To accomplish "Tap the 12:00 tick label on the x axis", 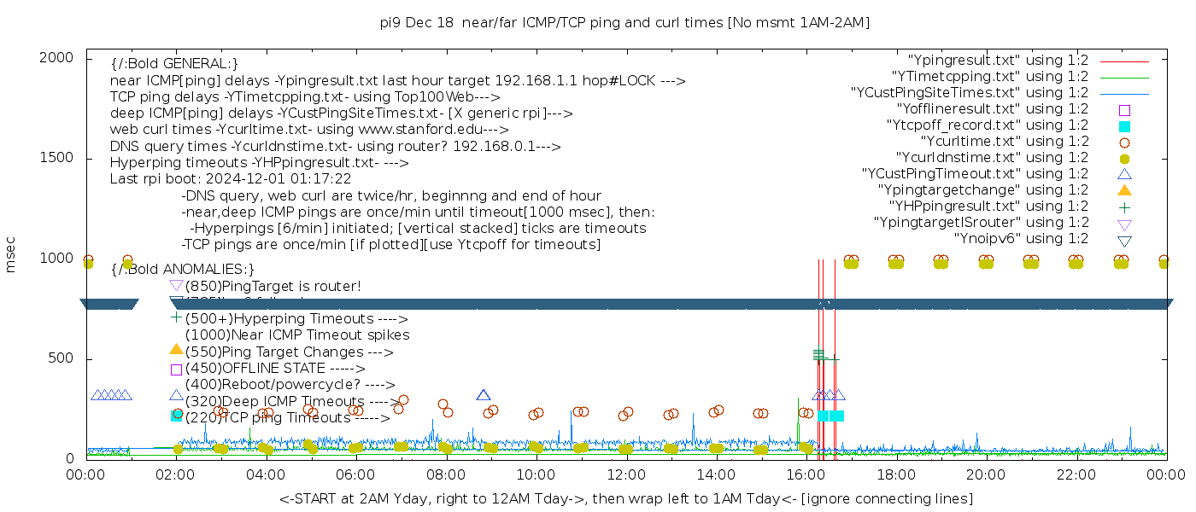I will tap(627, 474).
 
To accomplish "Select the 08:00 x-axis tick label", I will tap(447, 474).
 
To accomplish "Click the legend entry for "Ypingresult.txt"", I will tap(997, 61).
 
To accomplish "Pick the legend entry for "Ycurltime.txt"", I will tap(1004, 142).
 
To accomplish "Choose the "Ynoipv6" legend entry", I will tap(1020, 239).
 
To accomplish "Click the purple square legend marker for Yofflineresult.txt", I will tap(1124, 109).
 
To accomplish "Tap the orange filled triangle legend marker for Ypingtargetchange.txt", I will tap(1124, 189).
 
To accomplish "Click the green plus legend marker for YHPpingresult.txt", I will tap(1124, 207).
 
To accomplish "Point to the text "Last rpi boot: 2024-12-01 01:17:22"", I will tap(231, 179).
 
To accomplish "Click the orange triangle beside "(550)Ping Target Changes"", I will tap(176, 349).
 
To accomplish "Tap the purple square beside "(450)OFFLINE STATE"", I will tap(176, 369).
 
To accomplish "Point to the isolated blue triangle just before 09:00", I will tap(484, 395).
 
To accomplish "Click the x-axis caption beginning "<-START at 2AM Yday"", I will tap(625, 498).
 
